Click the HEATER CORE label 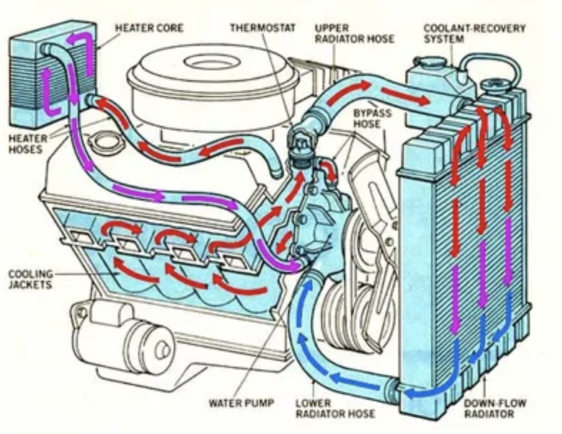pyautogui.click(x=149, y=28)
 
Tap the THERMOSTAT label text pyautogui.click(x=262, y=28)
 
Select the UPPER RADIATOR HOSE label pyautogui.click(x=354, y=33)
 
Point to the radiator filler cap pyautogui.click(x=493, y=88)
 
